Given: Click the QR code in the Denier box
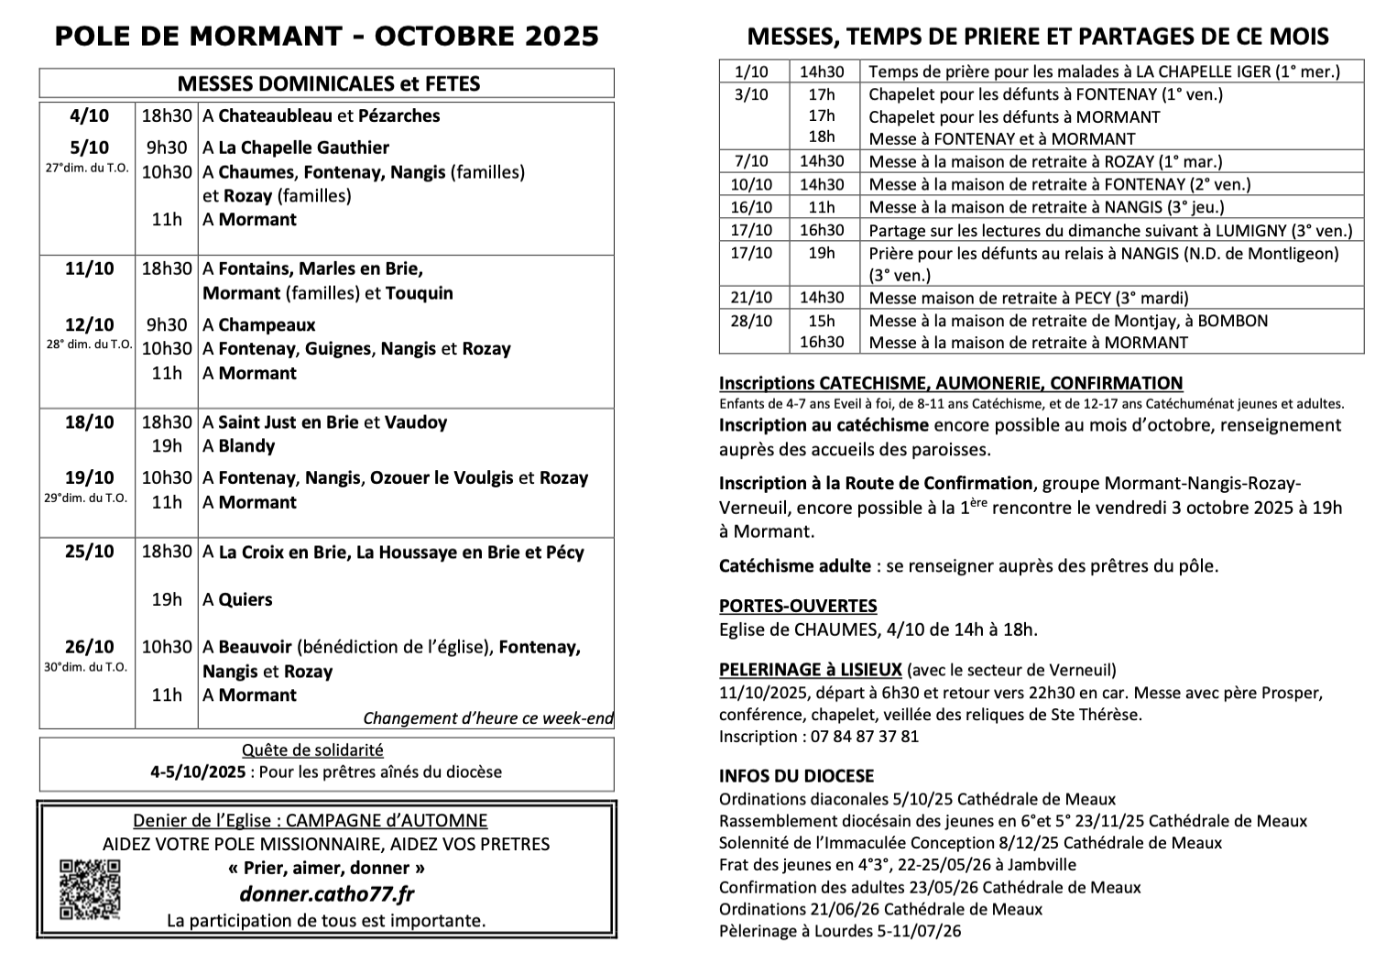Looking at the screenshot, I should pos(89,889).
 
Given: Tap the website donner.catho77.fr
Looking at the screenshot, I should pos(326,894).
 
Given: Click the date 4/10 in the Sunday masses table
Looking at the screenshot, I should pos(88,115).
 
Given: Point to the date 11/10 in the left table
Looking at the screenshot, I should pos(89,268).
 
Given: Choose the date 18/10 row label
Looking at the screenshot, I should pos(89,422).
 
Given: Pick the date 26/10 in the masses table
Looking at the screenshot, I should pos(89,647).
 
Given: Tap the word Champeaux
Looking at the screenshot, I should pos(267,325).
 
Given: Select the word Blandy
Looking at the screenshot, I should pos(246,446).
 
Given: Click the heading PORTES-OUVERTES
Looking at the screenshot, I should pos(798,606).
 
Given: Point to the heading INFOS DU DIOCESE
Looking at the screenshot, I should pos(796,776).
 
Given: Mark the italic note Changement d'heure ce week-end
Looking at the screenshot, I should pos(487,718).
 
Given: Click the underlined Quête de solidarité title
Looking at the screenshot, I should pos(312,750).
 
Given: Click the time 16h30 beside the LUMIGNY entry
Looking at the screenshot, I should pos(822,230).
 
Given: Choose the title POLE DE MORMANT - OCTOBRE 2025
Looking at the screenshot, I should pos(326,36).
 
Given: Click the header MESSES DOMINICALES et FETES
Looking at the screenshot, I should pos(328,83).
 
